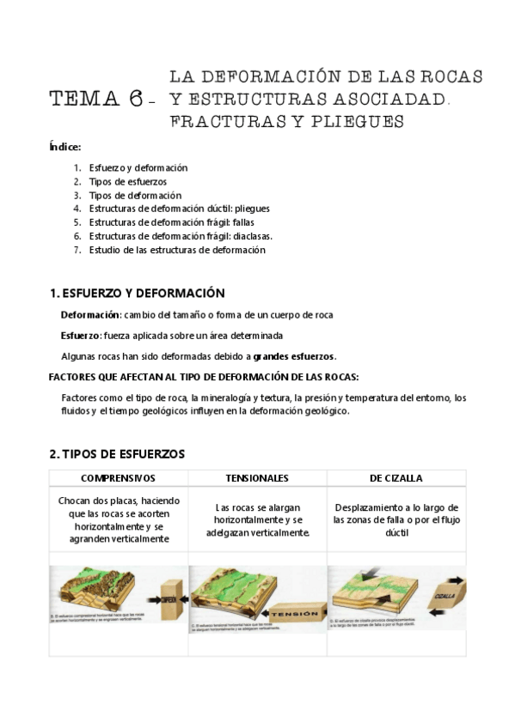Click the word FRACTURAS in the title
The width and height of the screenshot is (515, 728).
(223, 122)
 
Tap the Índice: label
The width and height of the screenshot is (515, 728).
(65, 147)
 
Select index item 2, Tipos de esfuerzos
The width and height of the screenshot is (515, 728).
(127, 182)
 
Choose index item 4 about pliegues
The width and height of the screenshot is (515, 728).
(179, 209)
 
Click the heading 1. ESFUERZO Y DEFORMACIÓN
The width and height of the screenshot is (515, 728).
(137, 293)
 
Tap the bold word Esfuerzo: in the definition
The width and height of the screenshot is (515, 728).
(82, 336)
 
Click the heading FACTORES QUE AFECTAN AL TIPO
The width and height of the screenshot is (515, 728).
(204, 377)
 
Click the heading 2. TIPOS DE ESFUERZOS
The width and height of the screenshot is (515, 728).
(117, 453)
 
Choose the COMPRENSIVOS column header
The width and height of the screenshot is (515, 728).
(118, 477)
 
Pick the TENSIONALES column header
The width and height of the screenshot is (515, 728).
(257, 477)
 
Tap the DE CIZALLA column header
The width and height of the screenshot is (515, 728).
(396, 477)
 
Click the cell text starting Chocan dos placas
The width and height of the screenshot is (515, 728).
(118, 519)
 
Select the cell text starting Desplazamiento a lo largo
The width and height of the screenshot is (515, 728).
(396, 519)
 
